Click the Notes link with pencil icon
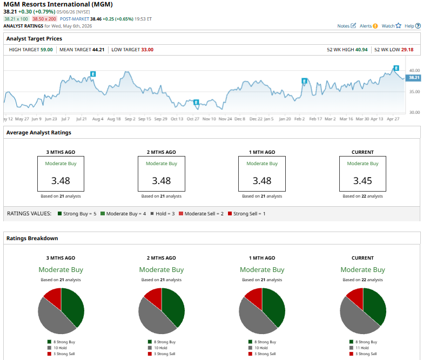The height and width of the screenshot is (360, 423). pos(346,26)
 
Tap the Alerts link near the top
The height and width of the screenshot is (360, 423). pos(368,26)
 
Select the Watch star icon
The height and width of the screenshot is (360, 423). pos(398,25)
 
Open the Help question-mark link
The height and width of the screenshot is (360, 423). pos(413,26)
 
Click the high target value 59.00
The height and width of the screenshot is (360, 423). pos(46,50)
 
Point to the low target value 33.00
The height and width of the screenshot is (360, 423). pos(147,50)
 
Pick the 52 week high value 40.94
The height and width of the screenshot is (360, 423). pos(361,50)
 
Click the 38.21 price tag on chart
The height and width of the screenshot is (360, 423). pos(413,78)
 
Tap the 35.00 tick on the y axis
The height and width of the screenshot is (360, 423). pos(414,92)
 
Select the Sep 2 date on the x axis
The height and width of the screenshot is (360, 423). pos(130,119)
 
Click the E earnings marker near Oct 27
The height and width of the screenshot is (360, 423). pos(196,103)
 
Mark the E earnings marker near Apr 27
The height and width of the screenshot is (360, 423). pos(396,68)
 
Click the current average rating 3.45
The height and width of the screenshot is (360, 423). pos(362,180)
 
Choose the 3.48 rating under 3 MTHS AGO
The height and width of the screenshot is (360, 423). pos(61,180)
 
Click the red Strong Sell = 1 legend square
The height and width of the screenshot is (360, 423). pos(230,213)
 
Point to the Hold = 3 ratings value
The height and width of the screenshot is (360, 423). pos(163,214)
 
